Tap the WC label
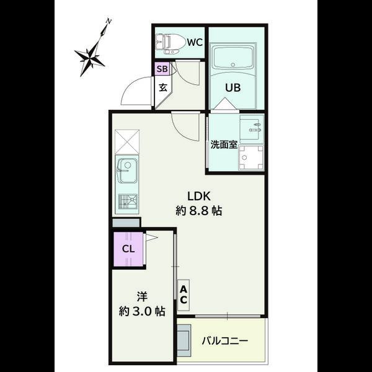[x=195, y=42]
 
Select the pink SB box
[x=161, y=69]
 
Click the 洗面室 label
[x=223, y=144]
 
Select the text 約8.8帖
[x=198, y=210]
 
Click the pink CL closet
[x=128, y=248]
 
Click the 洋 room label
[x=141, y=296]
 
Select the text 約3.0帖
[x=142, y=312]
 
